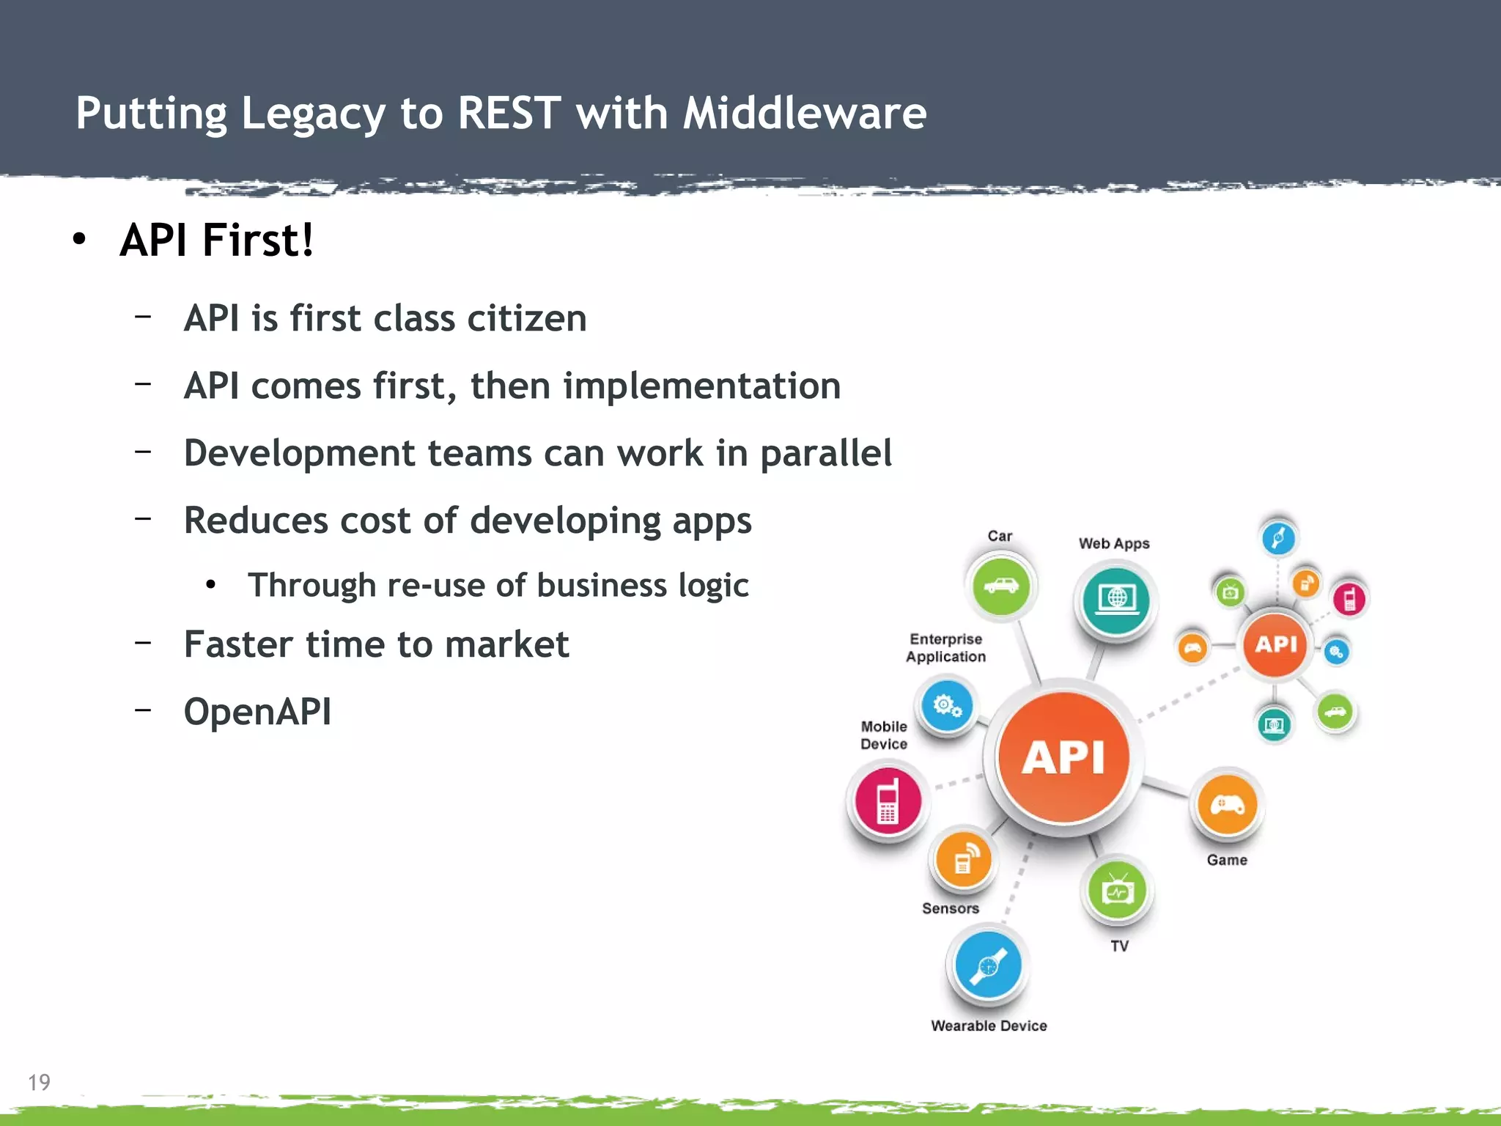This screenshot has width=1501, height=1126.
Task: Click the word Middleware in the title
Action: (804, 114)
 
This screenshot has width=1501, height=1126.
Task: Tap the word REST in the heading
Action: (509, 114)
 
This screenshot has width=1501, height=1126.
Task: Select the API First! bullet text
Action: (217, 240)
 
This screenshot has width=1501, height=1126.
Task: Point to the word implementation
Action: (701, 386)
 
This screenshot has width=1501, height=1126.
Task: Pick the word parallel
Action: (825, 454)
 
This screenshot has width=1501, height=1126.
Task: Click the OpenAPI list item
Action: (257, 712)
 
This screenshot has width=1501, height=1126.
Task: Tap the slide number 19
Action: (39, 1082)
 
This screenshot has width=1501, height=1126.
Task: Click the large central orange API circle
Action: (1063, 757)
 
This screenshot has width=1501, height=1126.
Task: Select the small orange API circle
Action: (1275, 644)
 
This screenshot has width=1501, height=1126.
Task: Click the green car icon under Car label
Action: (1000, 586)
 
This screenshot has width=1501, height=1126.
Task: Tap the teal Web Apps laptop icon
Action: (1116, 600)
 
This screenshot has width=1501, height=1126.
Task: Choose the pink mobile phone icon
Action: (888, 801)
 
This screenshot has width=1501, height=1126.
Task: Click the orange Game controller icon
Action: (1227, 806)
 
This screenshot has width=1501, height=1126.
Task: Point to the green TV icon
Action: (1118, 891)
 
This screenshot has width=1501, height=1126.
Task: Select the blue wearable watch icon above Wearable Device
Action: (988, 965)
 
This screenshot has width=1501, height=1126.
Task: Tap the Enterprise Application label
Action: (945, 648)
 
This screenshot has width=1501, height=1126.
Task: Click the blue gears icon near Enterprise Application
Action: (946, 706)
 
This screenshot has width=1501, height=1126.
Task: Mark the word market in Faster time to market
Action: (506, 645)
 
